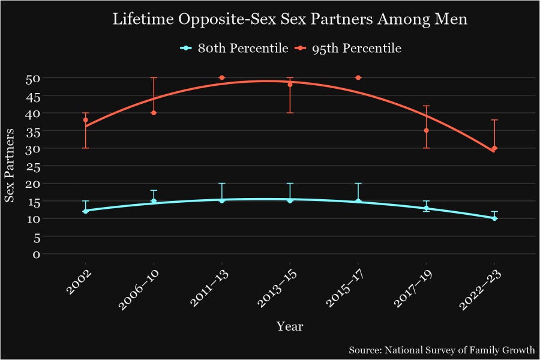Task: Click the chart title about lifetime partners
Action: coord(290,19)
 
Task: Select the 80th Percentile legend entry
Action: coord(235,49)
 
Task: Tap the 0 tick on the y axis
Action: coord(36,254)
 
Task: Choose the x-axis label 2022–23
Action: coord(482,289)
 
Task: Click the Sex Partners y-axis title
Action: coord(10,165)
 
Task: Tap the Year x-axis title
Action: coord(290,327)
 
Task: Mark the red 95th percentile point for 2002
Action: coord(86,120)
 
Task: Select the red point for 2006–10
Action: coord(154,113)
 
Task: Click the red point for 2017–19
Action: coord(426,130)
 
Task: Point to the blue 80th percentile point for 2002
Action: coord(86,211)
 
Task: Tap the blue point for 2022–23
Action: coord(494,218)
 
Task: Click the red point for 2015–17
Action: coord(358,77)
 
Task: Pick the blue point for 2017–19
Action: coord(426,208)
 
